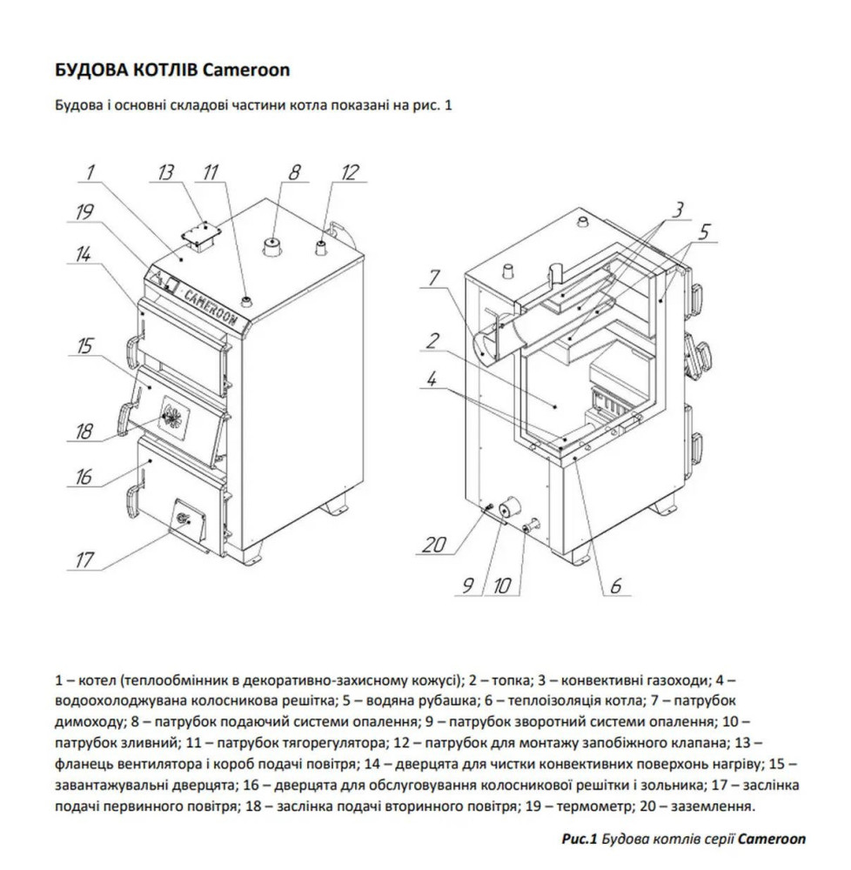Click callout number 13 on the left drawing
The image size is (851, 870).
[x=165, y=172]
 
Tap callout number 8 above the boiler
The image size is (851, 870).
[x=294, y=172]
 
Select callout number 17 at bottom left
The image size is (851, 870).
[x=84, y=560]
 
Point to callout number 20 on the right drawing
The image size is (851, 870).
[x=435, y=545]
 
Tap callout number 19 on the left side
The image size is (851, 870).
[x=84, y=211]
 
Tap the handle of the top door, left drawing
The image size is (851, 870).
[x=131, y=352]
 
